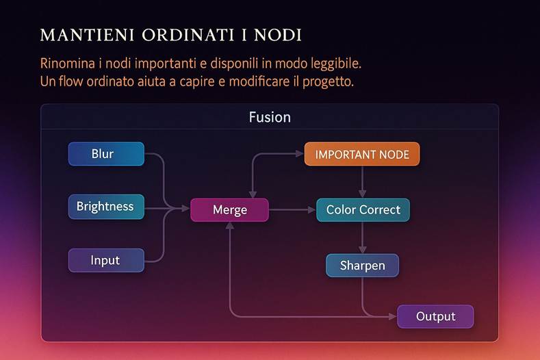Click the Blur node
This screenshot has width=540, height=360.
click(x=106, y=154)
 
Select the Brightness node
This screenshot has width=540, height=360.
click(x=106, y=207)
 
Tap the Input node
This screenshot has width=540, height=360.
click(x=106, y=260)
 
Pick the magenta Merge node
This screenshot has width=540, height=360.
click(x=230, y=210)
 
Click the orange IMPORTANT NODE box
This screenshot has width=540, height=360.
click(x=362, y=154)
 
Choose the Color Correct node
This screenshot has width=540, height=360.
click(x=363, y=210)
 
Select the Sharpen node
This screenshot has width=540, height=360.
click(x=362, y=266)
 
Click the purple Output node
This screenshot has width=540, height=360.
click(x=435, y=316)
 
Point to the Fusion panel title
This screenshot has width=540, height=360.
click(x=270, y=117)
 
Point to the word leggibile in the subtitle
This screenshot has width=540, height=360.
click(x=331, y=64)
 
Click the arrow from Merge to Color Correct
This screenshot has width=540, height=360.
click(x=292, y=210)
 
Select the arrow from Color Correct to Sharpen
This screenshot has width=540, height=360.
click(x=362, y=238)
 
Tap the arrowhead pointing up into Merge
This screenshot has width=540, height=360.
click(x=230, y=227)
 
